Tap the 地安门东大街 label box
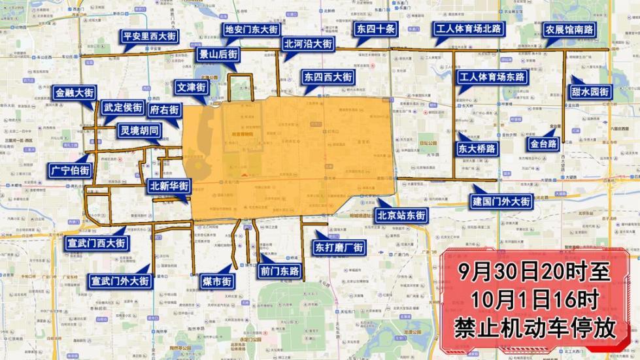coord(252,30)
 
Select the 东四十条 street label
coord(376,29)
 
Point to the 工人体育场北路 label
coord(468,29)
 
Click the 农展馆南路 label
coord(569,30)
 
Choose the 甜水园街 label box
coord(590,92)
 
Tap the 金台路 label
coord(544,144)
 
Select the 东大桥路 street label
coord(477,149)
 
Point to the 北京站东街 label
coord(401,215)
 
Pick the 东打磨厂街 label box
coord(339,248)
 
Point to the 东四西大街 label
coord(328,77)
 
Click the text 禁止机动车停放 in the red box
coord(537,325)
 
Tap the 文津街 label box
coord(190,87)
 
